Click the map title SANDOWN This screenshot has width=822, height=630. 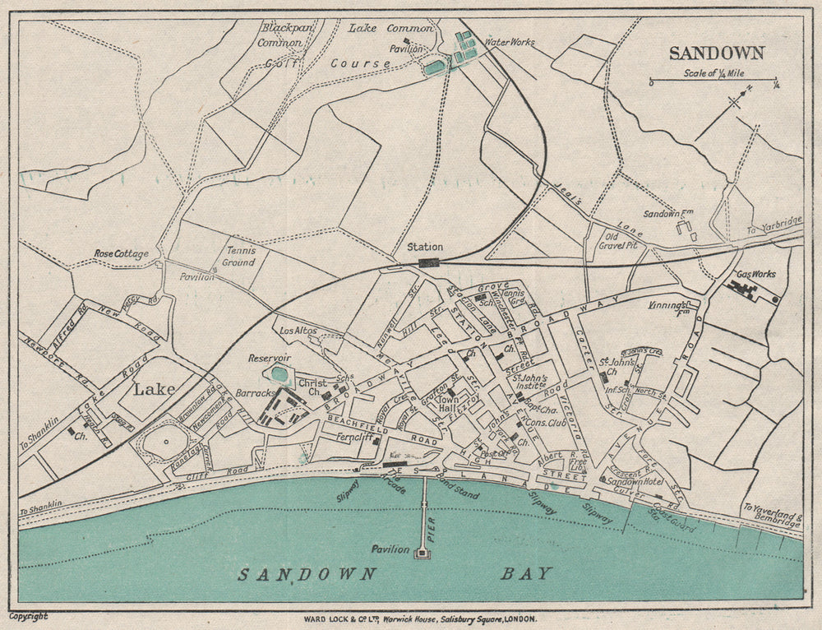pos(717,53)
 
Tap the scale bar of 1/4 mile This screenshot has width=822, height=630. pos(713,81)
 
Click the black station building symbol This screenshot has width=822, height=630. pos(429,262)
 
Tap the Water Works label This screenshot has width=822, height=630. pos(510,41)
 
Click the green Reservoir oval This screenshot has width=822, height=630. pos(279,374)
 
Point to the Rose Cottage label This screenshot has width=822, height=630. pos(121,254)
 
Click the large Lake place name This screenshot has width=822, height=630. pos(155,388)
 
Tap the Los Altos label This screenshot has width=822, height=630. pos(298,331)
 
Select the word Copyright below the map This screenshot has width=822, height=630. pos(28,615)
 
